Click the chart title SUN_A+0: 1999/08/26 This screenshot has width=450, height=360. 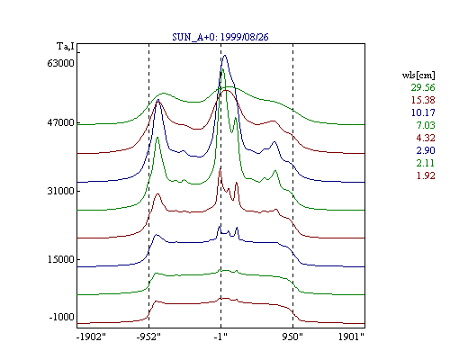point(220,37)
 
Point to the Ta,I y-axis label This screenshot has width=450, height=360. point(66,47)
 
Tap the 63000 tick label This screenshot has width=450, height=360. point(60,63)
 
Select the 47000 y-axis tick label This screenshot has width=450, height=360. point(60,122)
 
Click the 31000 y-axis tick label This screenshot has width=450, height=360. point(60,191)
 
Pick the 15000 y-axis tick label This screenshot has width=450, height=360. point(60,259)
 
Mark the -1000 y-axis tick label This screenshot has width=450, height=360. point(61,317)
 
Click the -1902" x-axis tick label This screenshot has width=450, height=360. point(91,337)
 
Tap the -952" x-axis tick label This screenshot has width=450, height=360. point(148,337)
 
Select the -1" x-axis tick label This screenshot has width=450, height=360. point(220,337)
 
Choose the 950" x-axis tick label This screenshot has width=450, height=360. point(292,337)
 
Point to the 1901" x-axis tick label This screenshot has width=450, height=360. point(351,337)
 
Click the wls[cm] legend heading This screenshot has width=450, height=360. point(418,75)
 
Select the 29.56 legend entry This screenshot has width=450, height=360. point(423,87)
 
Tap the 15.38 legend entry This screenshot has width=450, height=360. point(423,100)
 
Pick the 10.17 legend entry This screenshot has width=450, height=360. point(423,112)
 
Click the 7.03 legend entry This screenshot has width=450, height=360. point(426,125)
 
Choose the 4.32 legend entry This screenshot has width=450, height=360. point(426,138)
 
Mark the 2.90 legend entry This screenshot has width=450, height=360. point(426,150)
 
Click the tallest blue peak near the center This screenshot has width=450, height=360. point(225,56)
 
